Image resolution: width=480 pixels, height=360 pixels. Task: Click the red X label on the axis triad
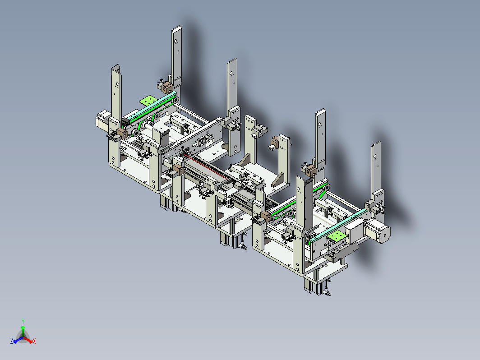pos(34,341)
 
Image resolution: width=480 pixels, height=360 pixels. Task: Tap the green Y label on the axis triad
pos(23,321)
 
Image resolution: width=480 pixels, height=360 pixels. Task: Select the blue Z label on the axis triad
pos(12,341)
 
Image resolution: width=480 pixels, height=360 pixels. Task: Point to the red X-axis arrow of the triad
pos(28,339)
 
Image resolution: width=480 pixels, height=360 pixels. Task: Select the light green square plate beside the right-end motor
pos(336,236)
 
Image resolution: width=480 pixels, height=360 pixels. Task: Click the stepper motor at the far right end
pos(377,231)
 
